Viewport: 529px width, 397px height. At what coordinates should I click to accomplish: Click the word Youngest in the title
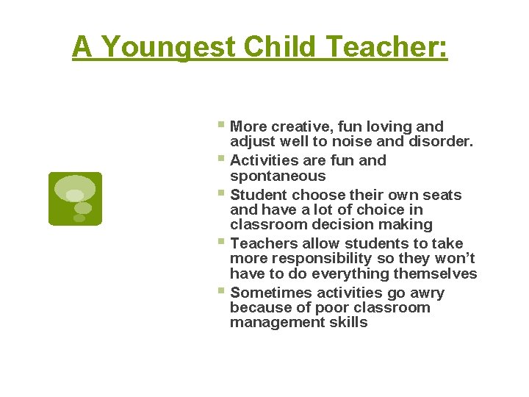coord(168,48)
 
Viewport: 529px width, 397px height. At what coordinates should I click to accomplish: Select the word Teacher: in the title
coord(387,48)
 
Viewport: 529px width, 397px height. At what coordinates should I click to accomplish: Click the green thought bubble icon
coord(75,198)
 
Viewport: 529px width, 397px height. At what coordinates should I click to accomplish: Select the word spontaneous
coord(278,176)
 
